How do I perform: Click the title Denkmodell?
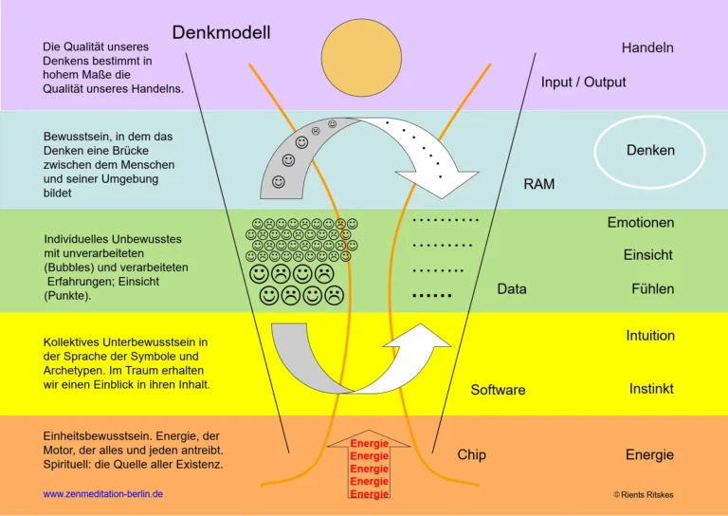point(221,33)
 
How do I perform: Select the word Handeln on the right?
point(647,47)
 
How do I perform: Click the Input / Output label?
point(583,83)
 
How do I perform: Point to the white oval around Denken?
point(650,151)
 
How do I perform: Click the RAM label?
point(538,184)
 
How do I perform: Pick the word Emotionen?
point(641,223)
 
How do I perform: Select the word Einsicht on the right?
point(647,255)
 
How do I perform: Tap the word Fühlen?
point(652,289)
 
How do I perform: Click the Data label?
point(511,289)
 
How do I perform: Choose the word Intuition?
point(650,336)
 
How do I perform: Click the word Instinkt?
point(651,389)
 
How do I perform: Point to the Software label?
point(498,390)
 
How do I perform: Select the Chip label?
point(471,455)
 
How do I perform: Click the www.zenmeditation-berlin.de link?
point(103,494)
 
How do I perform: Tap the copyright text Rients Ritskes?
point(645,494)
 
